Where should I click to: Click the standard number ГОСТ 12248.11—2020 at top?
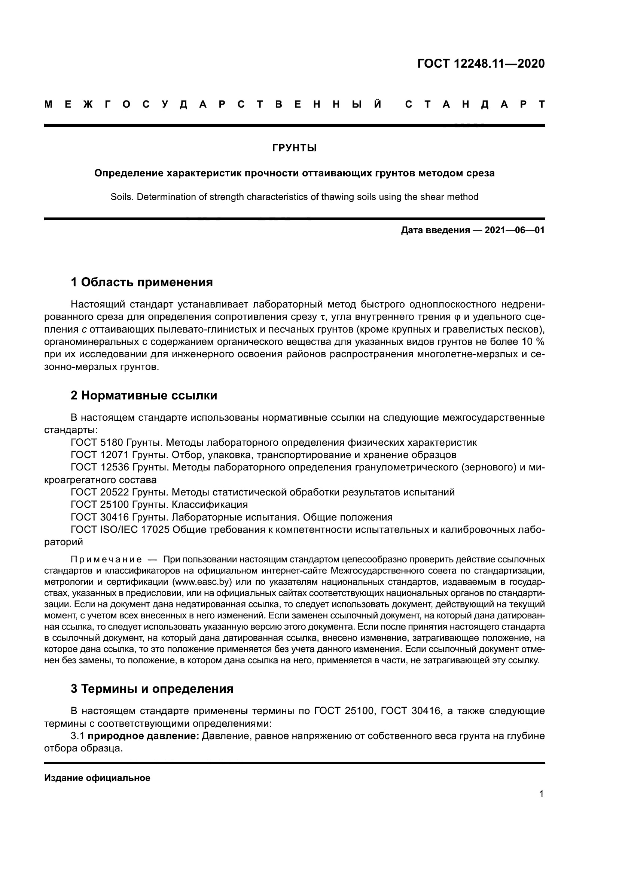pyautogui.click(x=481, y=64)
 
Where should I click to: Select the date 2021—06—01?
pyautogui.click(x=515, y=230)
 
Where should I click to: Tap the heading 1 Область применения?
pyautogui.click(x=141, y=282)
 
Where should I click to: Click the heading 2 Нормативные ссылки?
pyautogui.click(x=144, y=395)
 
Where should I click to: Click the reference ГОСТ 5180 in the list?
pyautogui.click(x=98, y=443)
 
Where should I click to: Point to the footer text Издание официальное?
pyautogui.click(x=97, y=778)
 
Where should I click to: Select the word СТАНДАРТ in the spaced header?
pyautogui.click(x=475, y=104)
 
